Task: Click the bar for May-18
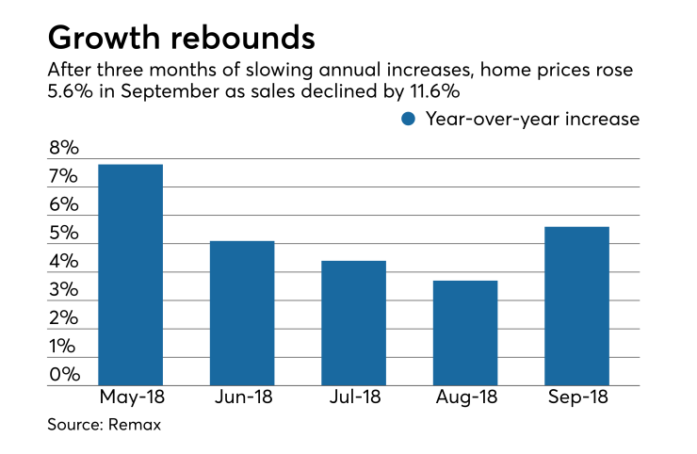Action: [130, 275]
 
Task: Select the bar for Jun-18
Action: [242, 314]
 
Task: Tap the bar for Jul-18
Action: [353, 323]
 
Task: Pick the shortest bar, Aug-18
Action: [465, 333]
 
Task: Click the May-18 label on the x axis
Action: [130, 397]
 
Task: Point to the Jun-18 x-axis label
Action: [242, 397]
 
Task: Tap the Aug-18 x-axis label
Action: [465, 397]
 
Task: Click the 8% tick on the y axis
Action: [64, 150]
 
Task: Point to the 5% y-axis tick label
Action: [64, 235]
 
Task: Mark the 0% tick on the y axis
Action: [64, 376]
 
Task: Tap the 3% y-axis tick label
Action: [64, 291]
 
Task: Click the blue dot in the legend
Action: [408, 119]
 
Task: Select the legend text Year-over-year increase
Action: [532, 119]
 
